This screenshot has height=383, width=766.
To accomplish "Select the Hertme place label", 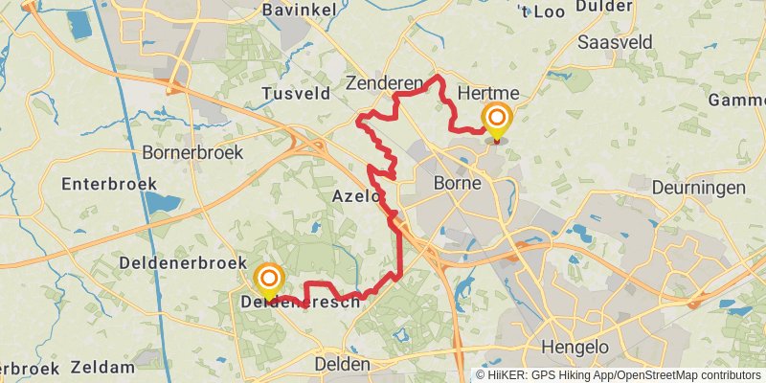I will click(x=488, y=93).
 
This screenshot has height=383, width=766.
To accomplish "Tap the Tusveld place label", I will click(x=295, y=93).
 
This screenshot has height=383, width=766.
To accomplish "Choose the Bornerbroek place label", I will click(x=192, y=152).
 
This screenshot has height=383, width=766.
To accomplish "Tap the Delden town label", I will click(x=342, y=364).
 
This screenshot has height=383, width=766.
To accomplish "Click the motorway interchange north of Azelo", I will click(x=311, y=144).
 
